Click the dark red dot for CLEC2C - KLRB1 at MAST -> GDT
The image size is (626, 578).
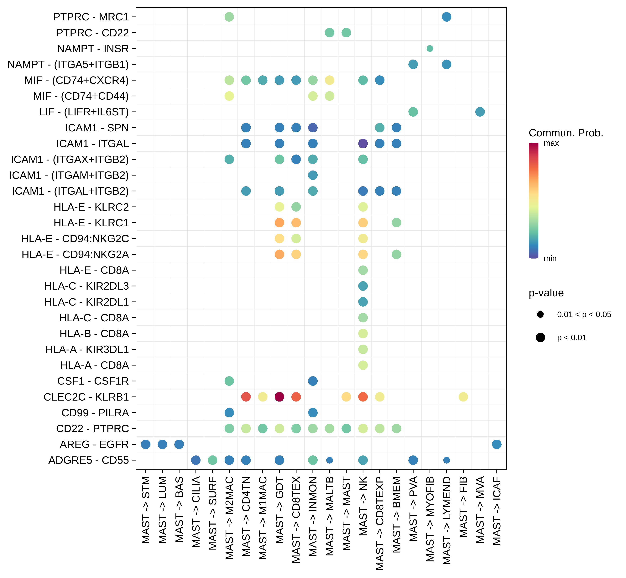click(x=279, y=397)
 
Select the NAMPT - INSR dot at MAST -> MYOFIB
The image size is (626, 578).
click(x=430, y=49)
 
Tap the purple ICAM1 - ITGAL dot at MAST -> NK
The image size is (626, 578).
click(x=363, y=144)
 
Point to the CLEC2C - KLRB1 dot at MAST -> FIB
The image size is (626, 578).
click(x=463, y=397)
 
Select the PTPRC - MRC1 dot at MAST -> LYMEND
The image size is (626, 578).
click(x=446, y=17)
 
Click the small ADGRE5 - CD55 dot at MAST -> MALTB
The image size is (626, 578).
click(x=329, y=460)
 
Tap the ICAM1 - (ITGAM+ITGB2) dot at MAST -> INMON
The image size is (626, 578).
click(x=313, y=175)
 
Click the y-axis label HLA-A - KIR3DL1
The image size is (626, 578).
click(x=87, y=349)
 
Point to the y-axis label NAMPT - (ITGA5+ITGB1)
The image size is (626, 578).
click(x=68, y=64)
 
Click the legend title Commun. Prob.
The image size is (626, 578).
click(x=566, y=133)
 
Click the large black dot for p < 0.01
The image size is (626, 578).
click(x=540, y=338)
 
